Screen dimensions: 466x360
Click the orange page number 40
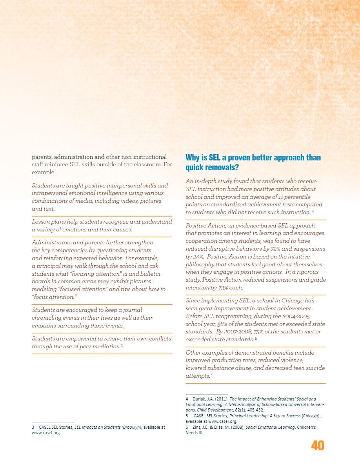(318, 446)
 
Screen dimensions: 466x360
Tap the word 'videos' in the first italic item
(131, 201)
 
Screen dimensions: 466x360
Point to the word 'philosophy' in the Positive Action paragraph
(200, 264)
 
